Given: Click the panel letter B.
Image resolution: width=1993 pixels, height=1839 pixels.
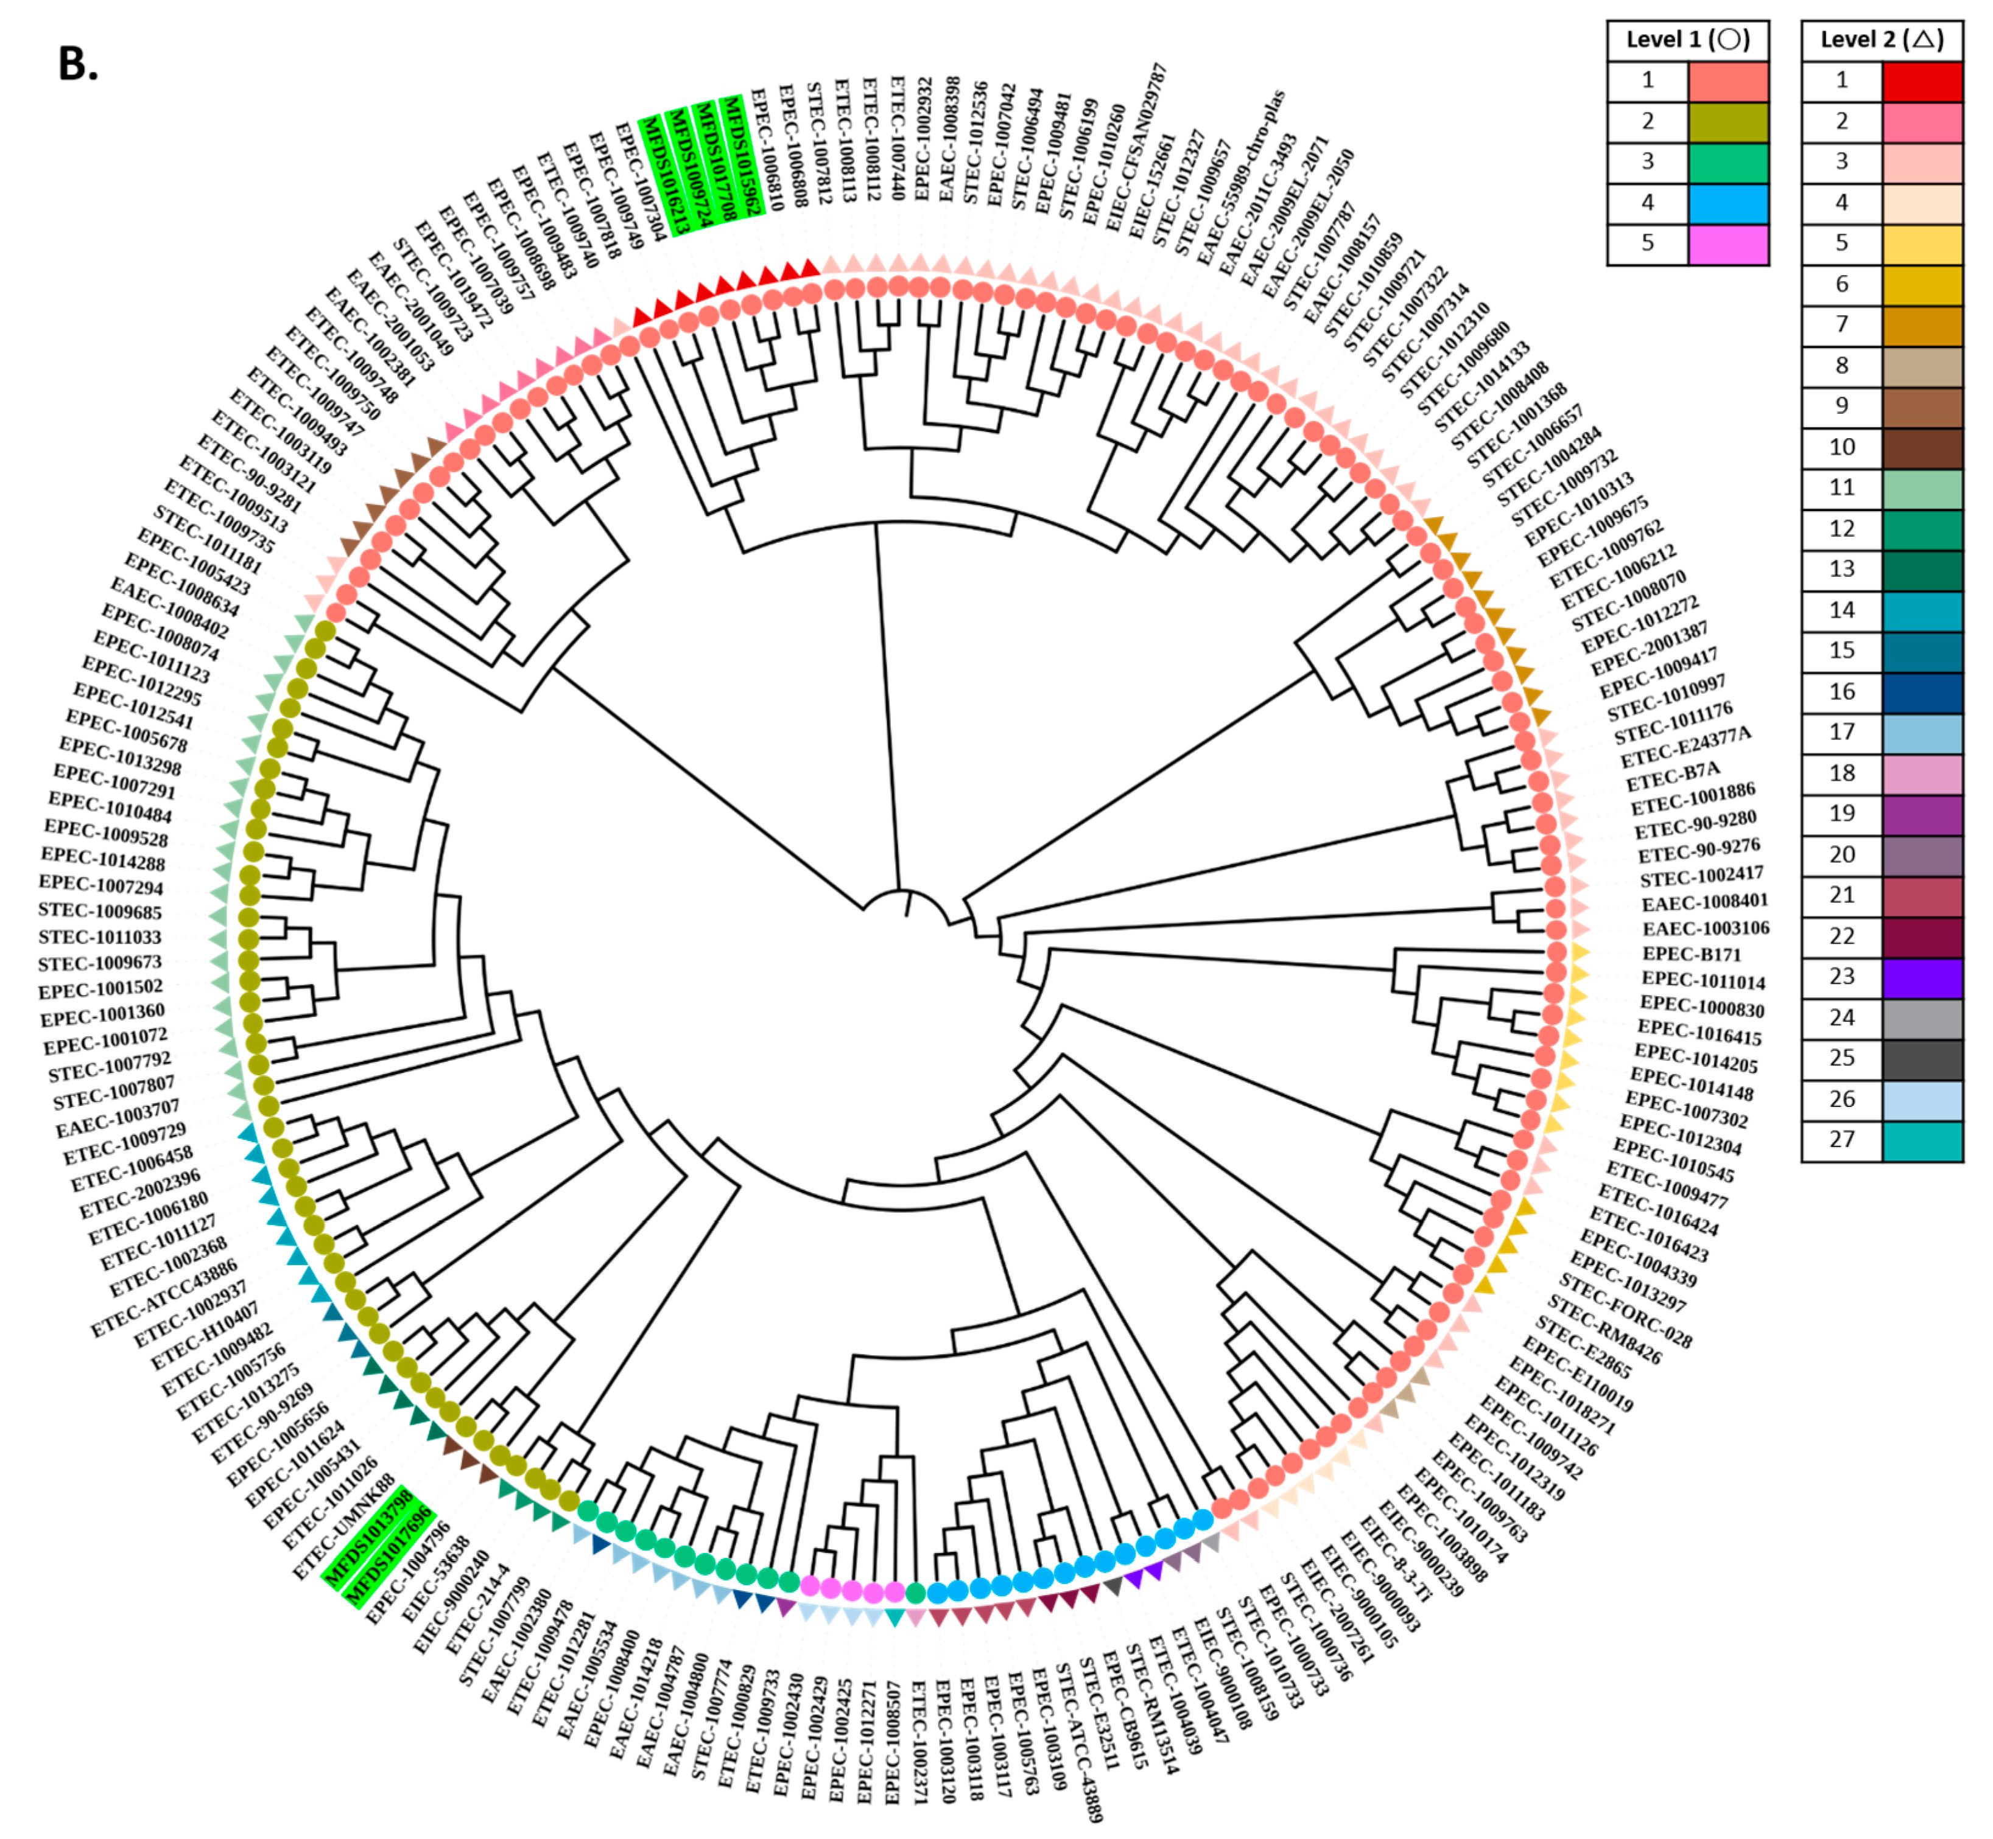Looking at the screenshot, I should (x=78, y=64).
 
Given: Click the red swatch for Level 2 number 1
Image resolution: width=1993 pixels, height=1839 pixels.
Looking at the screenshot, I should (x=1921, y=80).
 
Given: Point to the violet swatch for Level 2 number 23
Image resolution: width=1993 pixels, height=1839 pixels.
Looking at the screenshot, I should (x=1921, y=977).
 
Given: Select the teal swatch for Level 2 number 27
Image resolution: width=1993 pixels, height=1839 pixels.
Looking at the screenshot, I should (x=1921, y=1140).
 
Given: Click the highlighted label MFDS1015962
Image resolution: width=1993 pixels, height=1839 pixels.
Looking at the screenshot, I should (x=742, y=154).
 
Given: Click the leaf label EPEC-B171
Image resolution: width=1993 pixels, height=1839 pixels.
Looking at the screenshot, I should (x=1692, y=954).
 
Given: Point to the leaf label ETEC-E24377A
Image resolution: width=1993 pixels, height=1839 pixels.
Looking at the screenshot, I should (x=1685, y=747).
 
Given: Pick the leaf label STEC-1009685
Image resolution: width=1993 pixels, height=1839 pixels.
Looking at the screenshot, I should (x=99, y=910).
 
